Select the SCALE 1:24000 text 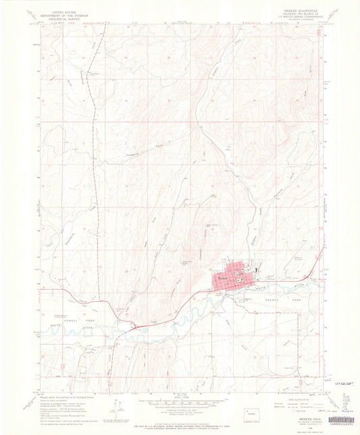(x=178, y=393)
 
